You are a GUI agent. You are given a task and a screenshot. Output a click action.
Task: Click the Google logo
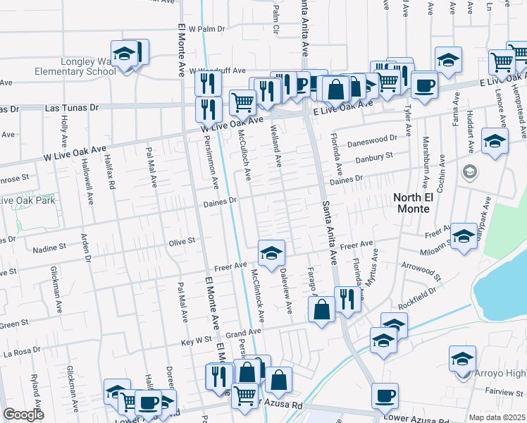click(23, 415)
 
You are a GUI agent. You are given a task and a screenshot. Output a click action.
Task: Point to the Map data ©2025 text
click(496, 417)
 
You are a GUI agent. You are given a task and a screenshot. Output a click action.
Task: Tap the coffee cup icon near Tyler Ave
click(423, 85)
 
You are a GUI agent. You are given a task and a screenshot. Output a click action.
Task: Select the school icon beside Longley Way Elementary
click(125, 54)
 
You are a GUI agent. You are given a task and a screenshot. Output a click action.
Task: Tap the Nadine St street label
click(49, 248)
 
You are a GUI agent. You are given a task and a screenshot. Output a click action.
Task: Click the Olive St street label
click(181, 241)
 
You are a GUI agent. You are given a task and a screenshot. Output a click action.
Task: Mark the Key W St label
click(197, 340)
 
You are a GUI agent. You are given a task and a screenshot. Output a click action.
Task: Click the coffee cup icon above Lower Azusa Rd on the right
click(385, 395)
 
